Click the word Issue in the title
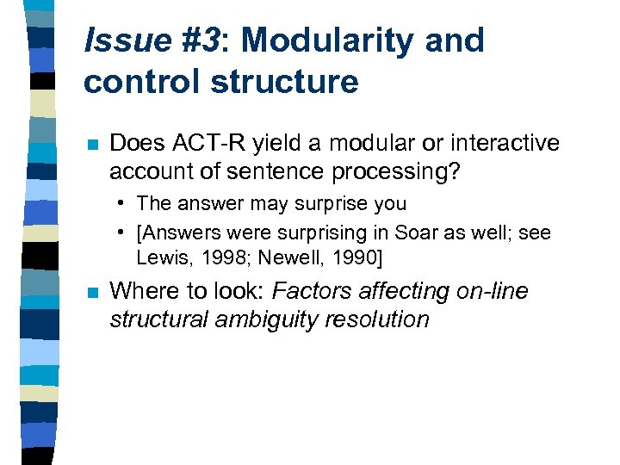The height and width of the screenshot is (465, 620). click(126, 41)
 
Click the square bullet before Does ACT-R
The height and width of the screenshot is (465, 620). click(90, 144)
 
